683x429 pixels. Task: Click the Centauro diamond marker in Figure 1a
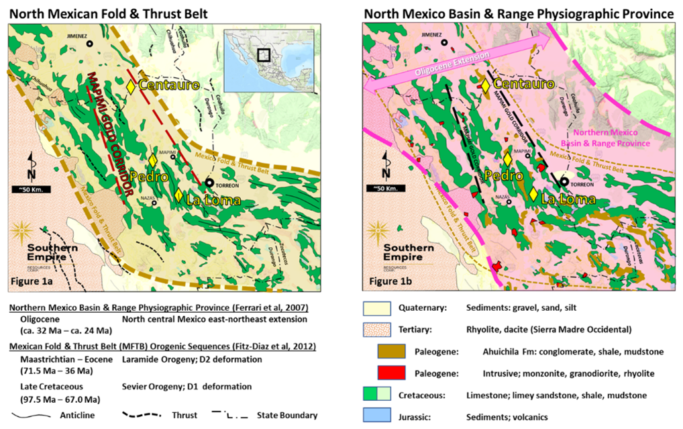132,86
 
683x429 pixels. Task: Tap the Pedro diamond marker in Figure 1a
153,160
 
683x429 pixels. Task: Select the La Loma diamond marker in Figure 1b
533,195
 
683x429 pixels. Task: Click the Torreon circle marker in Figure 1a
210,182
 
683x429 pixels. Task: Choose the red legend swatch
391,372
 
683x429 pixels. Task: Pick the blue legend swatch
376,415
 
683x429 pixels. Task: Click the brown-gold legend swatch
391,351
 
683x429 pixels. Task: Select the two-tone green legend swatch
376,393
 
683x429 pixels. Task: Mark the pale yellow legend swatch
376,309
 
